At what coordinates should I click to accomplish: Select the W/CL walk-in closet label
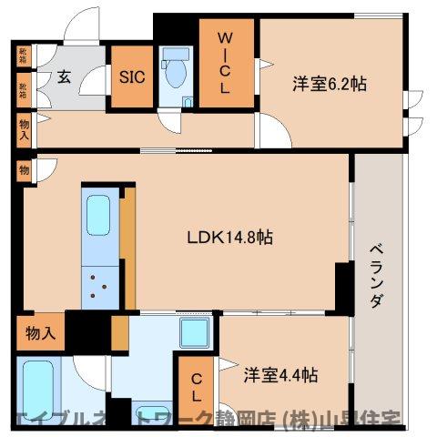point(227,64)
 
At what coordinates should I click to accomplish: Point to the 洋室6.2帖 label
point(330,84)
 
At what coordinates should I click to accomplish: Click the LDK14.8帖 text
point(230,238)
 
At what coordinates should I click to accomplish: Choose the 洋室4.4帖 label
point(280,374)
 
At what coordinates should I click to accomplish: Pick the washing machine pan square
point(196,334)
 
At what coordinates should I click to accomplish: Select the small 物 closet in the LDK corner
point(24,170)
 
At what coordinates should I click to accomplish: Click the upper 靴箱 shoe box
point(22,56)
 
